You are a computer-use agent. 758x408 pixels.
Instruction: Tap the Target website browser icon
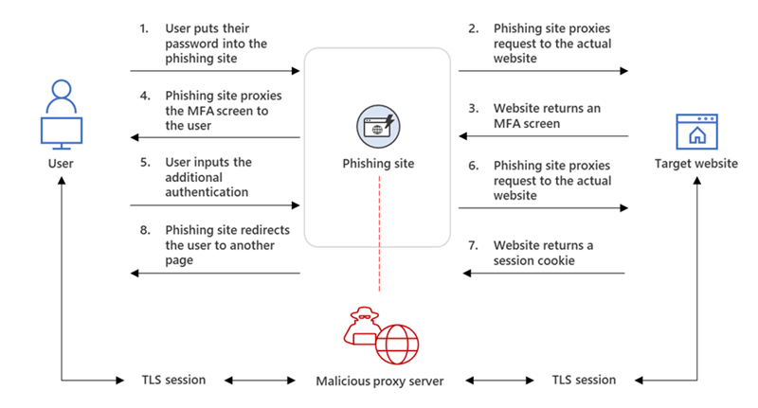click(x=696, y=132)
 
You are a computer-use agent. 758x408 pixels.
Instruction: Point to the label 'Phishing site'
click(x=378, y=164)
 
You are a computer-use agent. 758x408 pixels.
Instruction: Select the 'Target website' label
click(x=696, y=164)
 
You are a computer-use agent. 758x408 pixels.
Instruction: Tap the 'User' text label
click(x=60, y=164)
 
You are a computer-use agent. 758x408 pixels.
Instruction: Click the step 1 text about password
click(x=216, y=42)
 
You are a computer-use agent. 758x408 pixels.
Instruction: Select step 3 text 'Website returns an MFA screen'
click(x=546, y=115)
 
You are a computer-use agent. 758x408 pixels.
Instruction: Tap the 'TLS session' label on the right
click(x=584, y=381)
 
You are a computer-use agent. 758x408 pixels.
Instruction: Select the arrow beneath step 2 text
click(x=544, y=71)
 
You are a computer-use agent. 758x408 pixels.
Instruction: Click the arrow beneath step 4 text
click(x=216, y=138)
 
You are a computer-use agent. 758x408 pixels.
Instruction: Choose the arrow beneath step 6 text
click(x=544, y=206)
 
